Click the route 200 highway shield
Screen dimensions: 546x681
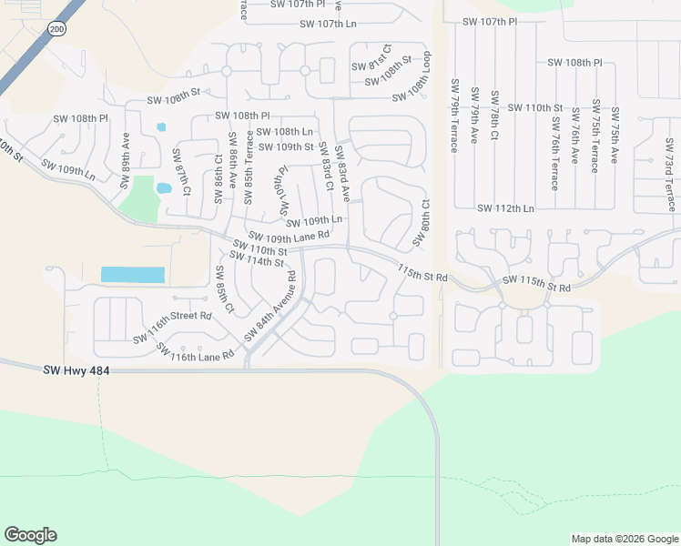[x=57, y=30]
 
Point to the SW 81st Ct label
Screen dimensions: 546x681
[x=371, y=64]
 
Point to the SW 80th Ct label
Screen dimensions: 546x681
[x=420, y=224]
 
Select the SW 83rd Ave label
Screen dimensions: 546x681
[x=342, y=173]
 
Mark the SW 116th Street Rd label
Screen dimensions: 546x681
[x=172, y=327]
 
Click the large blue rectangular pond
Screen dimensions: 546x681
[x=133, y=275]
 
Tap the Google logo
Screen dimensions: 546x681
[x=30, y=535]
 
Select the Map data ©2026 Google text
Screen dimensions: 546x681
[x=624, y=539]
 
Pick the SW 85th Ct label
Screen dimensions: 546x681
[x=224, y=290]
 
